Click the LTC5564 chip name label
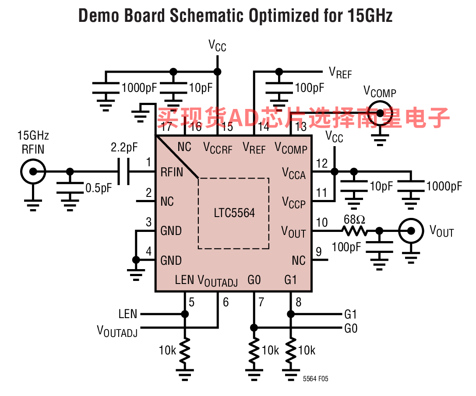click(234, 213)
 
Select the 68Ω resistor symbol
click(355, 231)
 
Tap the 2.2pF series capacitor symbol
click(123, 172)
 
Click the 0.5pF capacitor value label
click(99, 188)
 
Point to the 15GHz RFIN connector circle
click(33, 172)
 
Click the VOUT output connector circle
click(411, 231)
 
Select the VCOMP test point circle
click(380, 113)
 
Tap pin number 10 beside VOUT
click(322, 222)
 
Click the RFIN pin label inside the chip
click(172, 172)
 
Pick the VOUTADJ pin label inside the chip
click(218, 280)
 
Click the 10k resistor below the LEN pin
click(184, 350)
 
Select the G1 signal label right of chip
click(350, 314)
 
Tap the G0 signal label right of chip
click(351, 328)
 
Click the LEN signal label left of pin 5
click(128, 314)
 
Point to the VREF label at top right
click(340, 73)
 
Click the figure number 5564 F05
click(315, 378)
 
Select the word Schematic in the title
click(206, 15)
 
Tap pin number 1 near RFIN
click(148, 162)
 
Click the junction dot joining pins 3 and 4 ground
click(136, 260)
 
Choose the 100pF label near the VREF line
click(310, 88)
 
